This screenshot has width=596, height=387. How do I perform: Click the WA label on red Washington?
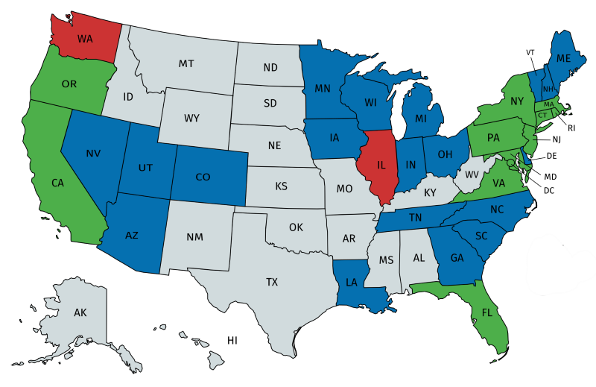point(86,37)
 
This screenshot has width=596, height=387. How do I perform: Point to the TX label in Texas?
point(272,282)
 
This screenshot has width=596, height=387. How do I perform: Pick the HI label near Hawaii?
point(232,340)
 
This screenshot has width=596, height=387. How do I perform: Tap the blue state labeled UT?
point(148,168)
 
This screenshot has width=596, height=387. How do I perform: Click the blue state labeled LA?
point(352,283)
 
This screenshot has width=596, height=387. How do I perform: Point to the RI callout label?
point(571,128)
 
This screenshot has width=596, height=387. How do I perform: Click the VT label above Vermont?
point(530,52)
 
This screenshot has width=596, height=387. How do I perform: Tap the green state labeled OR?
point(69,84)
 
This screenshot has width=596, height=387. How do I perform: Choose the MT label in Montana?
point(186,64)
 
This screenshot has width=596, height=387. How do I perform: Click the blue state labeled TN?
point(416,218)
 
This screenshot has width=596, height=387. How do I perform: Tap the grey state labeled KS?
point(282,185)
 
